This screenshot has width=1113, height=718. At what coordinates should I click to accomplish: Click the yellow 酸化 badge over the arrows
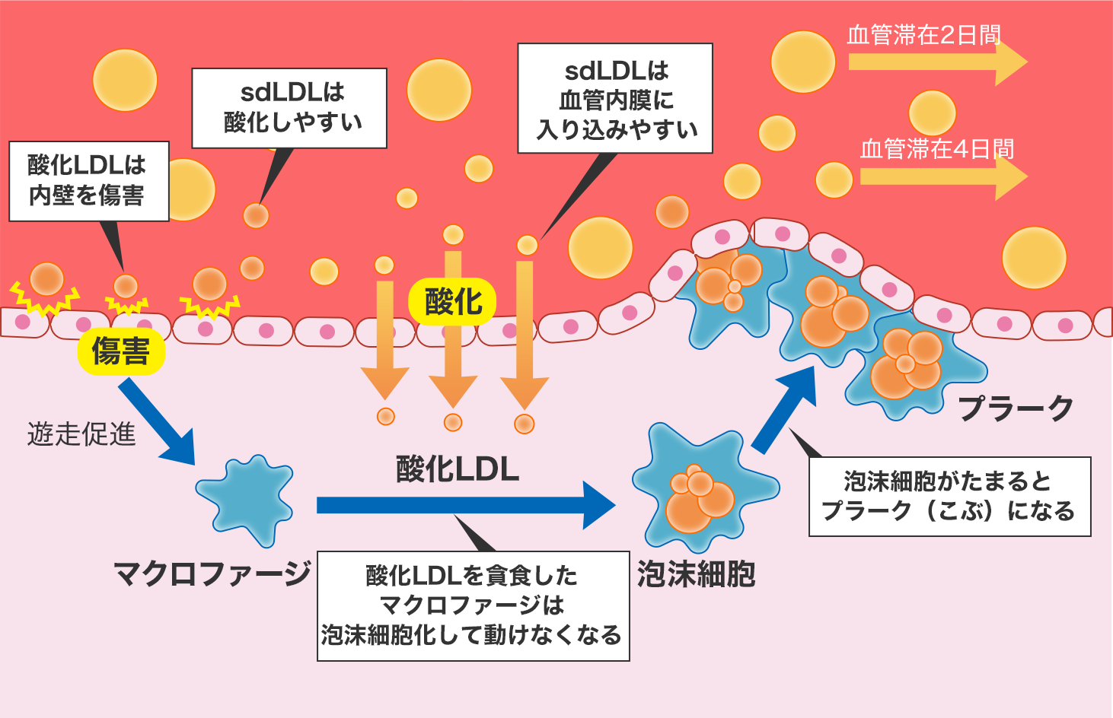coord(453,302)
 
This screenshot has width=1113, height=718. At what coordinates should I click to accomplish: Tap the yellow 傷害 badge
coord(121,351)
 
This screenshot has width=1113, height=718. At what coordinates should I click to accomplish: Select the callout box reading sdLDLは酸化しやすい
coord(289,108)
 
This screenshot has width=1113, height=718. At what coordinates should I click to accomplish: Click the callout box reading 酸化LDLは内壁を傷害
coord(88,181)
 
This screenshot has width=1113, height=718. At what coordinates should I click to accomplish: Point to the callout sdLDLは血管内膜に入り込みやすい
coord(615,99)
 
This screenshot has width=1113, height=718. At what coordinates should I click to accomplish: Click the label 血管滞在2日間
coord(923,35)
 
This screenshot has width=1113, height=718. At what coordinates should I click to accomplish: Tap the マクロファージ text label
coord(212,573)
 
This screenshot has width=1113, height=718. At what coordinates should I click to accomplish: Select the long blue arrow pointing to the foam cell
coord(464,505)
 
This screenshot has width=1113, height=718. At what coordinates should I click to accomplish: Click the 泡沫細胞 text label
coord(696,573)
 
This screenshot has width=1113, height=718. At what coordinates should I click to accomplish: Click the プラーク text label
coord(1016,408)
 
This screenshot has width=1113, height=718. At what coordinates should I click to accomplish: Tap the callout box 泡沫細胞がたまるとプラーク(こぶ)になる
coord(949,497)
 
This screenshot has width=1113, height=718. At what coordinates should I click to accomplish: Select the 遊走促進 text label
coord(81,434)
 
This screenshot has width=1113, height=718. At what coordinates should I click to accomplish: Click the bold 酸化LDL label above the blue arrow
coord(458,469)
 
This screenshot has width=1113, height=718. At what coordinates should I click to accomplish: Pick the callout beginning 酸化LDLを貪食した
coord(473,605)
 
